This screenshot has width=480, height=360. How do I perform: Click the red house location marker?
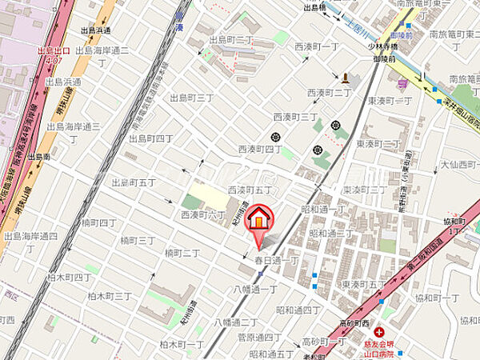coord(259,218)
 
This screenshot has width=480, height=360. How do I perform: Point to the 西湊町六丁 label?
coord(203,215)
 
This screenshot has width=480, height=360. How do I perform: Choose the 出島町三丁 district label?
coord(192,98)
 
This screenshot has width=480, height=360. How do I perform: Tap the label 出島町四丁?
coord(151,138)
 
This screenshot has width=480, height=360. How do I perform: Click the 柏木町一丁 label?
coord(181,344)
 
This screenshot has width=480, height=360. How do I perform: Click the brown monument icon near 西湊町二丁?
coord(345,78)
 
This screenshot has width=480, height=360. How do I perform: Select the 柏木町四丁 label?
coord(88,277)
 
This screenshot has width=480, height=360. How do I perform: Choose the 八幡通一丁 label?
coord(256,289)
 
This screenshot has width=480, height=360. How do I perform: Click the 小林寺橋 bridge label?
coord(394,47)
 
